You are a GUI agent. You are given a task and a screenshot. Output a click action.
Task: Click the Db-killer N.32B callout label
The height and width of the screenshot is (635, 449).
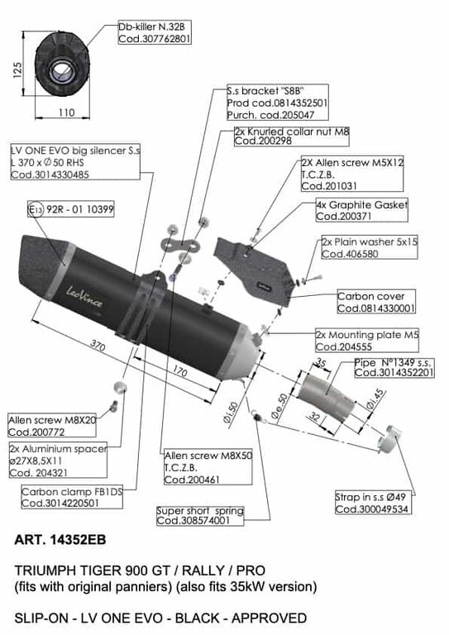[x=155, y=33]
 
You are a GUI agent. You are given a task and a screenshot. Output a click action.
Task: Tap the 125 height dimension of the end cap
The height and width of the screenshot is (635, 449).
[x=17, y=70]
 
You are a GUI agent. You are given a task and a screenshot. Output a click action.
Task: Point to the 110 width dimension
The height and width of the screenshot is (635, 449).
[x=66, y=112]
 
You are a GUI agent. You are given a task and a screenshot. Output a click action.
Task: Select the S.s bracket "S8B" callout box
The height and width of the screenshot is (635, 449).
[x=277, y=103]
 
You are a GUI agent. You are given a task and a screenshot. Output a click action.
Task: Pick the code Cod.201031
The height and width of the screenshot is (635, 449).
[x=329, y=186]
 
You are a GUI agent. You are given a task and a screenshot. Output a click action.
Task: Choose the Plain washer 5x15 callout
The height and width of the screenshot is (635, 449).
[x=370, y=247]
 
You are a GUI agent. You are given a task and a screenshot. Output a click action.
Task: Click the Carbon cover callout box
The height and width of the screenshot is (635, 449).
[x=376, y=302]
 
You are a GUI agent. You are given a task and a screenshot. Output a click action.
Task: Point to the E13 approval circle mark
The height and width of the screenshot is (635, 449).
[x=36, y=209]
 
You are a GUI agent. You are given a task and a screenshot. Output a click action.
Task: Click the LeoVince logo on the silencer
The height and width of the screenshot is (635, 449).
[x=84, y=297]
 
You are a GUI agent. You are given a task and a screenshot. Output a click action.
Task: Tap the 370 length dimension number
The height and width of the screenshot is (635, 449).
[x=98, y=346]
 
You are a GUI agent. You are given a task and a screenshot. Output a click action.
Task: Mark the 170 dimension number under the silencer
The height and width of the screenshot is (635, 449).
[x=180, y=371]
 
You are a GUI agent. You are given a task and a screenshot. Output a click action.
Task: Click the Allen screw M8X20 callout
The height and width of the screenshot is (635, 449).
[x=52, y=426]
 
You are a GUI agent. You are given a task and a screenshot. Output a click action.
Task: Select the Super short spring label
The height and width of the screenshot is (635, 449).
[x=200, y=516]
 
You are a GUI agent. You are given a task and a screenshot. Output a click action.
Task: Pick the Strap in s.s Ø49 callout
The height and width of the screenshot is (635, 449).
[x=373, y=503]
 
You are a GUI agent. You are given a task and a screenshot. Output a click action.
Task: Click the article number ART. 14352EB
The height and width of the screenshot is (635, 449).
[x=60, y=540]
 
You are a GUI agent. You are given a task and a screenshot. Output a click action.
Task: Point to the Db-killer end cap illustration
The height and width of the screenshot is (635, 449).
[x=62, y=64]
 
